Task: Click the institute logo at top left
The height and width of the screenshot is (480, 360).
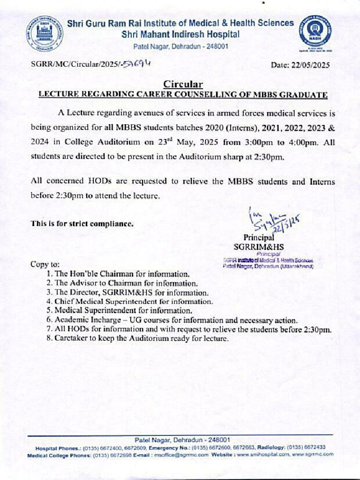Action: [45, 33]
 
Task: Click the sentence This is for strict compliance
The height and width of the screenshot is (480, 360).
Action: [82, 224]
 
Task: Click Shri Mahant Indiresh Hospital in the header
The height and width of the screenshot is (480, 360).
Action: [180, 34]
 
